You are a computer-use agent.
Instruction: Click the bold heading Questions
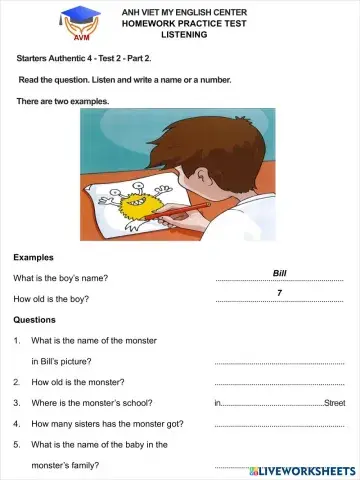point(35,320)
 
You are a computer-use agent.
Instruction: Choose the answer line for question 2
point(279,384)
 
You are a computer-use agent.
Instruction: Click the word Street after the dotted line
point(334,403)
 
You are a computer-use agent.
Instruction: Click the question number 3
point(17,403)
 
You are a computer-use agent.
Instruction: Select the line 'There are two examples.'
point(63,101)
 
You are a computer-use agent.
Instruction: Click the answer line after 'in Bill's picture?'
point(279,363)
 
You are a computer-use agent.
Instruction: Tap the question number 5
point(17,444)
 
